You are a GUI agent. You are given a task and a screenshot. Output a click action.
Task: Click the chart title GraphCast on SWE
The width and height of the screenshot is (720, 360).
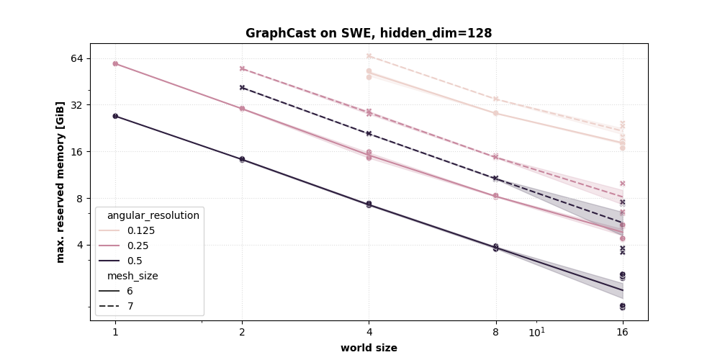click(369, 33)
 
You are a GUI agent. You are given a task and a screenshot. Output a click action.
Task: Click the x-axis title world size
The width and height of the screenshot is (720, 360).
click(369, 348)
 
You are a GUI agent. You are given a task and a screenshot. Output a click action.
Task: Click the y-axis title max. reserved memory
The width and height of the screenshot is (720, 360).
click(61, 181)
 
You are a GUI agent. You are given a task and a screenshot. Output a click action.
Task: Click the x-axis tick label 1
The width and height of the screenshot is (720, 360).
click(115, 332)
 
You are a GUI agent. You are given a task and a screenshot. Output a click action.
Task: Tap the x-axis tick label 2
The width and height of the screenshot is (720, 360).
click(242, 332)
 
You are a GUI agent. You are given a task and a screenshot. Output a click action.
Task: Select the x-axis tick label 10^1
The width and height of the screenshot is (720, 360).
click(536, 332)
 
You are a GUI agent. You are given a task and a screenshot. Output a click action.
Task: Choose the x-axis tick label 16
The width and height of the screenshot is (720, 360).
click(622, 332)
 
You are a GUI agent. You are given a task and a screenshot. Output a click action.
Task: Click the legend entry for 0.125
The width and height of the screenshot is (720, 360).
click(140, 230)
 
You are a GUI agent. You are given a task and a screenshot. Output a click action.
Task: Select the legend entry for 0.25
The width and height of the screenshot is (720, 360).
click(137, 246)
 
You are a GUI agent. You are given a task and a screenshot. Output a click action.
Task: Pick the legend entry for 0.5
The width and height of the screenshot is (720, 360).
click(134, 261)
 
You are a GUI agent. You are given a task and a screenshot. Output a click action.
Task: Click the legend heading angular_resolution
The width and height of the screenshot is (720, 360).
click(153, 215)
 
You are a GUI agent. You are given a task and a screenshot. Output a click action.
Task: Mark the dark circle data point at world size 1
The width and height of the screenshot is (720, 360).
click(115, 116)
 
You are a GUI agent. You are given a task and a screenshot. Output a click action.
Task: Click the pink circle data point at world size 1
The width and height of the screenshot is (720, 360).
click(115, 63)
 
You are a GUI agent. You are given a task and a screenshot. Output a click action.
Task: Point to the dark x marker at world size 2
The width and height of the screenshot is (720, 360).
click(242, 87)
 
